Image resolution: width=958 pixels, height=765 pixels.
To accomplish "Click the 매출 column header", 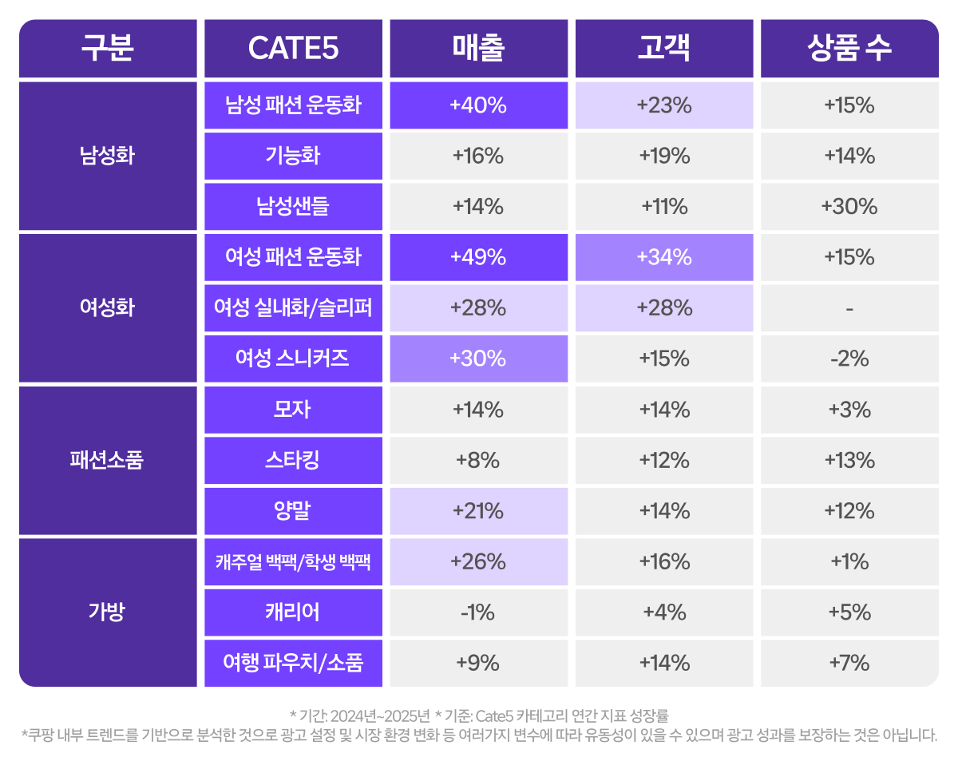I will click(478, 49).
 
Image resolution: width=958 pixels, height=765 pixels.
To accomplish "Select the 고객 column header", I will click(663, 49).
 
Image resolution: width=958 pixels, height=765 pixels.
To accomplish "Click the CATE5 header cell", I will click(293, 49).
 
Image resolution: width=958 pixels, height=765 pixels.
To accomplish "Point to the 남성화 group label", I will click(108, 156).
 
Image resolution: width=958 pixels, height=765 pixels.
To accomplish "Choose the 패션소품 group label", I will click(108, 461).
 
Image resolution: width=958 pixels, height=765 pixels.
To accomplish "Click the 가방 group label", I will click(108, 612).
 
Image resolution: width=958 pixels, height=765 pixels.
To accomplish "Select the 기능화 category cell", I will click(293, 156).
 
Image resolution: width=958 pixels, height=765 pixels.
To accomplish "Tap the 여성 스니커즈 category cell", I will click(293, 359).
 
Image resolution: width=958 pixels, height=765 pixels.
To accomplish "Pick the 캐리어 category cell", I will click(293, 612).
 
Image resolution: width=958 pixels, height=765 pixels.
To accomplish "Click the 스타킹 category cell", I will click(293, 461).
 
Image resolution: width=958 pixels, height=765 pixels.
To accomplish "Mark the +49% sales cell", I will click(478, 257).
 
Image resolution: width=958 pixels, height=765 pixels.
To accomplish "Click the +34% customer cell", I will click(663, 257).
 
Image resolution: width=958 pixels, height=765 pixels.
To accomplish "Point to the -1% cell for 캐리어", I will click(478, 612).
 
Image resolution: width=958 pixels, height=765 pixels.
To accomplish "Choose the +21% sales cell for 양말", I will click(478, 511).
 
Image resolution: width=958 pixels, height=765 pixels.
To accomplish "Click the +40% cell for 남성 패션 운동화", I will click(478, 105).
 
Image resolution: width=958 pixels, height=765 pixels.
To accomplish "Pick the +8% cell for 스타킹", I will click(478, 461).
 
